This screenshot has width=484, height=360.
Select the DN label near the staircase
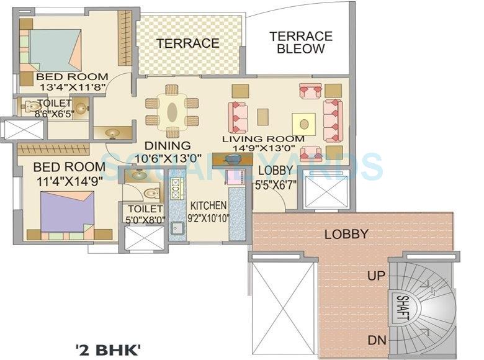click(x=376, y=340)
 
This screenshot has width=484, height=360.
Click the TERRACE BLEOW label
click(x=301, y=42)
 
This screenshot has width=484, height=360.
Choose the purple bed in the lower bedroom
click(x=67, y=212)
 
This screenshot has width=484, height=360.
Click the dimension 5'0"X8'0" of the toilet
click(x=144, y=218)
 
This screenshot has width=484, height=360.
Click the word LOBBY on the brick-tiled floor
click(x=346, y=235)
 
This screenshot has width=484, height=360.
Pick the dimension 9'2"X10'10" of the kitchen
click(x=208, y=218)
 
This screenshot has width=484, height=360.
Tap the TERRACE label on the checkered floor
click(x=187, y=43)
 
